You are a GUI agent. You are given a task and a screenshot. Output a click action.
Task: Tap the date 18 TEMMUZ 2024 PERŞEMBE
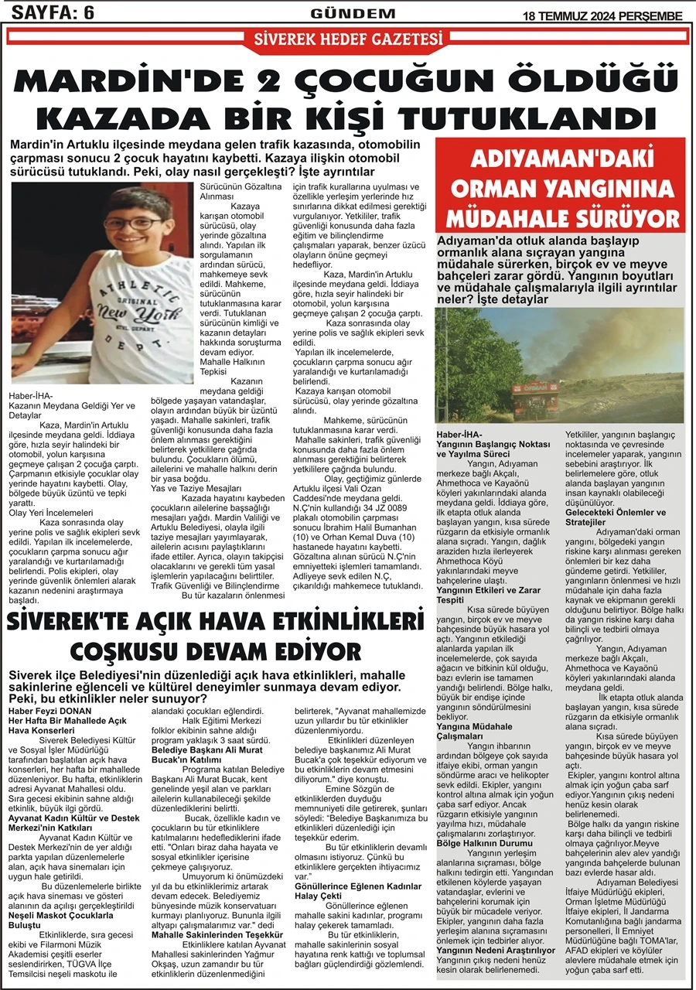[x=603, y=15]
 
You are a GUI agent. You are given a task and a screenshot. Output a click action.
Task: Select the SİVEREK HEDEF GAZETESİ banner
[x=348, y=39]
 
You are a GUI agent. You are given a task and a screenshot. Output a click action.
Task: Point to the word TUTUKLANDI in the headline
[x=541, y=118]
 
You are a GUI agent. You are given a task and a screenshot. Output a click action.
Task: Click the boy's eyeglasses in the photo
[x=140, y=224]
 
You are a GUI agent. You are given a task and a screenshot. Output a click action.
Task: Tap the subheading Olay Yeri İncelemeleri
[x=50, y=512]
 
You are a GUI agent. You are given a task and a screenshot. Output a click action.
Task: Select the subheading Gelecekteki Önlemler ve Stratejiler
[x=616, y=517]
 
